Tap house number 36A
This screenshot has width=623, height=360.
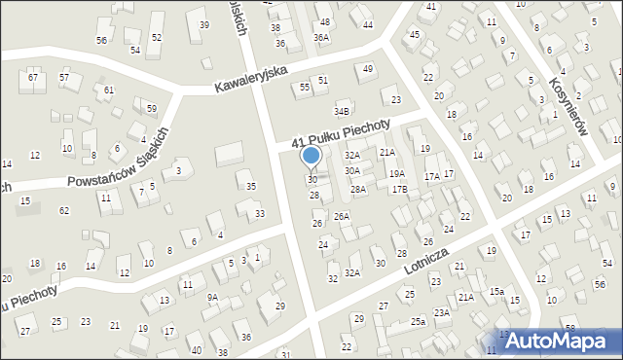click(x=320, y=37)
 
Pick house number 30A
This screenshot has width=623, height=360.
click(x=352, y=170)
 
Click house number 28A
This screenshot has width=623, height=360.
click(x=358, y=190)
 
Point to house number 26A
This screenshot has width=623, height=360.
click(x=342, y=216)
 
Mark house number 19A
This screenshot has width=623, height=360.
click(x=397, y=173)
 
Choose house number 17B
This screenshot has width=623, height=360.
click(x=399, y=190)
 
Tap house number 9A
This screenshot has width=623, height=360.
click(x=211, y=298)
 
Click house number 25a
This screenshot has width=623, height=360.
click(x=418, y=321)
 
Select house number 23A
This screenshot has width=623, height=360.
click(x=442, y=312)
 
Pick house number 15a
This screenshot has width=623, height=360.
click(x=496, y=291)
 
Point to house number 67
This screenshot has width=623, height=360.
click(x=33, y=77)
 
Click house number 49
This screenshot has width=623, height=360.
click(x=367, y=69)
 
